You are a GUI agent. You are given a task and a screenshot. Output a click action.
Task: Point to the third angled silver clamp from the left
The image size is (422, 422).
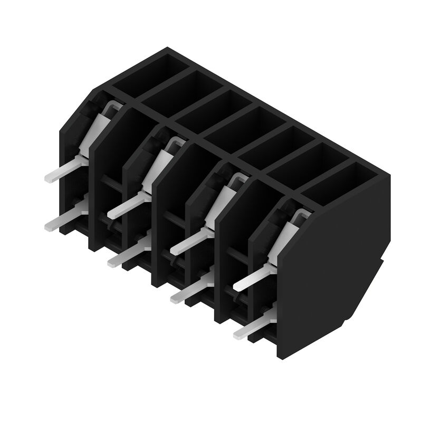click(x=224, y=198)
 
